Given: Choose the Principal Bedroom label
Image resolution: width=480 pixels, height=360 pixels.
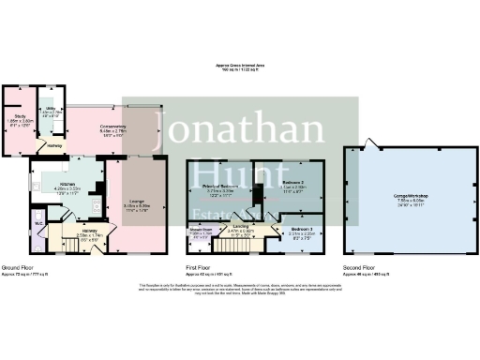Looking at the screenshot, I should [x=217, y=187].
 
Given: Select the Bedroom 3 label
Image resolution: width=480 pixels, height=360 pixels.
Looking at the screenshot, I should [x=302, y=229].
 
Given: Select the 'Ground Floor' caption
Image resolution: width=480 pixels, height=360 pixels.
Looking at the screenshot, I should [x=18, y=266].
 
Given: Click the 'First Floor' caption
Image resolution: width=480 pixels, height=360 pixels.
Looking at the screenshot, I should [x=197, y=266].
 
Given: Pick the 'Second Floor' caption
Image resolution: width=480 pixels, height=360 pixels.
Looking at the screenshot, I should [x=357, y=266].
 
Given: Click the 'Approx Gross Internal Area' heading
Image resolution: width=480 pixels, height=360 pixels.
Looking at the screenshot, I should [x=240, y=65].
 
